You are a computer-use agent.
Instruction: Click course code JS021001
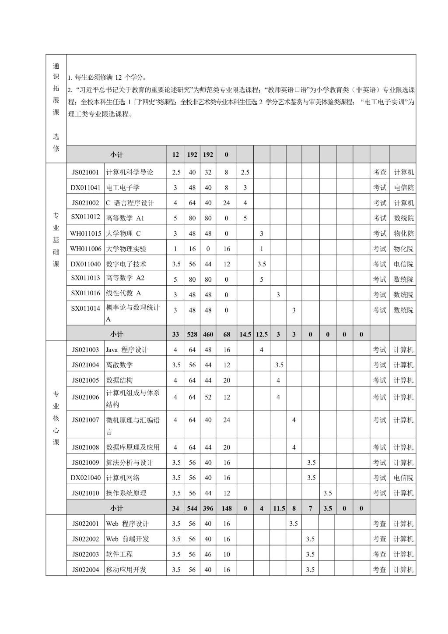pyautogui.click(x=85, y=172)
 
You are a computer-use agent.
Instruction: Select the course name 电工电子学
pyautogui.click(x=123, y=188)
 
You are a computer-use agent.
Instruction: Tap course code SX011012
pyautogui.click(x=85, y=217)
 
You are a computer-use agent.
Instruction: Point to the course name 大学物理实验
pyautogui.click(x=126, y=249)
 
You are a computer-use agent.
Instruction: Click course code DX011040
pyautogui.click(x=85, y=264)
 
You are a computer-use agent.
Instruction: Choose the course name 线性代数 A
pyautogui.click(x=123, y=294)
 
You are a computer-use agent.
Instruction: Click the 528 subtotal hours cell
pyautogui.click(x=192, y=334)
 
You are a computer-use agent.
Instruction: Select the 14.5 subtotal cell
pyautogui.click(x=245, y=334)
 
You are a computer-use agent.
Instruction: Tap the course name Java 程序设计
pyautogui.click(x=127, y=350)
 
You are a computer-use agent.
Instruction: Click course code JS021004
pyautogui.click(x=85, y=365)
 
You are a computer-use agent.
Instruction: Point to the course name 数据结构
pyautogui.click(x=119, y=380)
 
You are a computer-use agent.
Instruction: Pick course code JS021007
pyautogui.click(x=85, y=420)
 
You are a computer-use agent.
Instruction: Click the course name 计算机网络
pyautogui.click(x=123, y=478)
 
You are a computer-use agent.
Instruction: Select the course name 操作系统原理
pyautogui.click(x=126, y=493)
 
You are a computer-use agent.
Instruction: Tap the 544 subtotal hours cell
pyautogui.click(x=192, y=508)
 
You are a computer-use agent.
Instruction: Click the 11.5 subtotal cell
pyautogui.click(x=278, y=508)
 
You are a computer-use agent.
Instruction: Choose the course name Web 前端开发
pyautogui.click(x=127, y=539)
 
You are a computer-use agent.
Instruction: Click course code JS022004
pyautogui.click(x=85, y=570)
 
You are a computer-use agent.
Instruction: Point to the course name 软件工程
pyautogui.click(x=119, y=554)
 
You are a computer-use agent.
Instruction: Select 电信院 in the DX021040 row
pyautogui.click(x=403, y=478)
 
